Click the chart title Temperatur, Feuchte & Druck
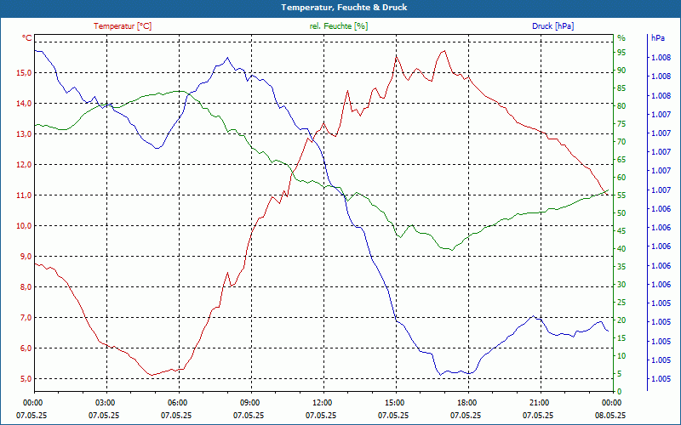tap(340, 7)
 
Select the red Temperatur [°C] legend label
tap(123, 26)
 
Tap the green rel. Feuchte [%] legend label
tap(338, 26)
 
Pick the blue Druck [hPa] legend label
tap(552, 26)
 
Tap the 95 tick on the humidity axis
tap(621, 53)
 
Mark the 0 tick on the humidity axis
tap(620, 392)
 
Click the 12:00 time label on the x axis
tap(322, 402)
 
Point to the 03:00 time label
tap(105, 402)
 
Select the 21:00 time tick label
tap(539, 402)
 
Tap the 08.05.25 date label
tap(611, 416)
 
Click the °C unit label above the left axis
tap(26, 38)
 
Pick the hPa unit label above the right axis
tap(657, 38)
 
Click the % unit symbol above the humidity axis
tap(621, 38)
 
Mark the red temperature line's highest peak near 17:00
tap(444, 51)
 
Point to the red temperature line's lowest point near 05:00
tap(151, 375)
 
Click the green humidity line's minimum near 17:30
tap(451, 250)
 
